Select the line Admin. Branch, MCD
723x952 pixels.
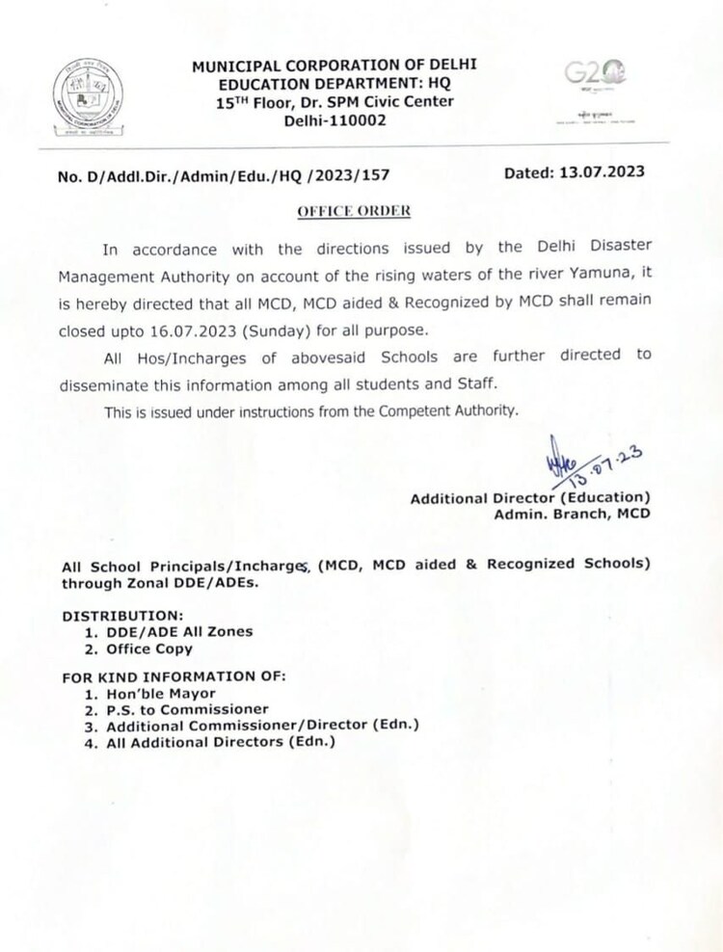[x=572, y=514]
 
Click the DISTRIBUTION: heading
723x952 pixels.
[x=122, y=614]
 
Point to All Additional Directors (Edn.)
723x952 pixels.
[x=222, y=742]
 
